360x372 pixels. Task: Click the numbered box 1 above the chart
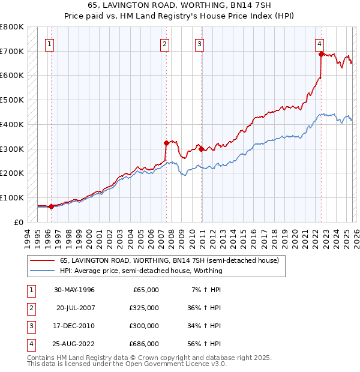pyautogui.click(x=49, y=43)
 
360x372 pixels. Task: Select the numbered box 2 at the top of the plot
pyautogui.click(x=164, y=43)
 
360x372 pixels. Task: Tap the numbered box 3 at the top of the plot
pyautogui.click(x=199, y=43)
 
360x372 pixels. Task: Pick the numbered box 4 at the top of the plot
pyautogui.click(x=320, y=43)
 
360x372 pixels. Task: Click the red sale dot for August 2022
pyautogui.click(x=322, y=54)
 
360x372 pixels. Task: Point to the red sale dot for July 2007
pyautogui.click(x=166, y=143)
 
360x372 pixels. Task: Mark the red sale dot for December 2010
pyautogui.click(x=201, y=149)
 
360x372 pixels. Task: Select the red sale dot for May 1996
pyautogui.click(x=51, y=206)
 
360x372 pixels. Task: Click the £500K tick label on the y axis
pyautogui.click(x=12, y=100)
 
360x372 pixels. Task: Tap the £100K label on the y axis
pyautogui.click(x=12, y=197)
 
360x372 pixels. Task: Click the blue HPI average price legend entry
pyautogui.click(x=141, y=271)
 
